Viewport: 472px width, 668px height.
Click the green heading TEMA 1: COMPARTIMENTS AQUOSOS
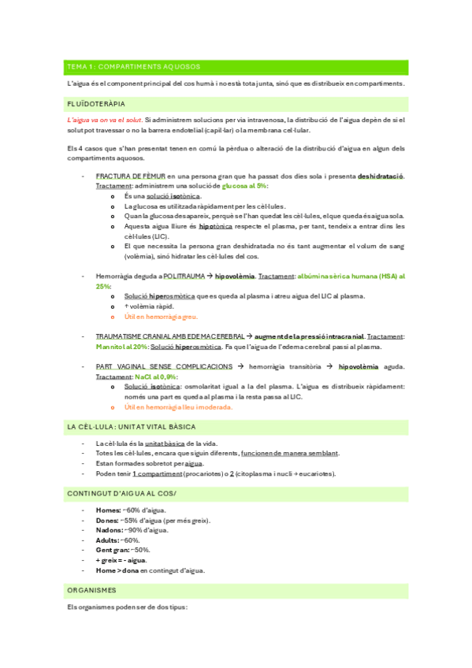point(133,66)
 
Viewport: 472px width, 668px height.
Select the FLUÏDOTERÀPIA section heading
point(96,103)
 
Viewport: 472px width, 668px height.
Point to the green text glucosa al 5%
point(245,186)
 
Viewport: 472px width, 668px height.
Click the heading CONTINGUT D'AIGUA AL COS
point(121,493)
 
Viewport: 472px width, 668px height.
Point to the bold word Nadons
point(109,530)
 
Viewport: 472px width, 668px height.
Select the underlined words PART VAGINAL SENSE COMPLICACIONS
point(164,366)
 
